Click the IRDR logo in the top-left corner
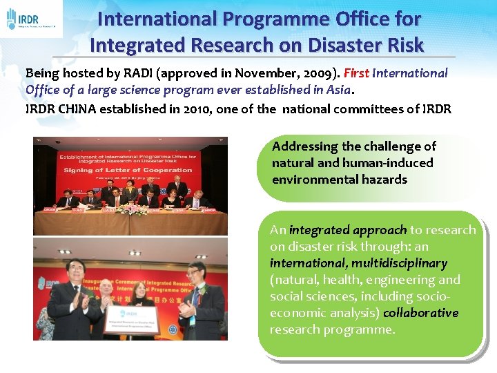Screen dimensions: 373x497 [x=31, y=19]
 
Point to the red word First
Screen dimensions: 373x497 [x=357, y=73]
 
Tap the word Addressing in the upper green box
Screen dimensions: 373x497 [x=304, y=146]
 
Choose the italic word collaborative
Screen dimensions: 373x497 [x=421, y=313]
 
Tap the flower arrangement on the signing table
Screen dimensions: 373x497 [x=131, y=209]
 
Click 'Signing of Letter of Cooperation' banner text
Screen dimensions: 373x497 [x=128, y=170]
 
